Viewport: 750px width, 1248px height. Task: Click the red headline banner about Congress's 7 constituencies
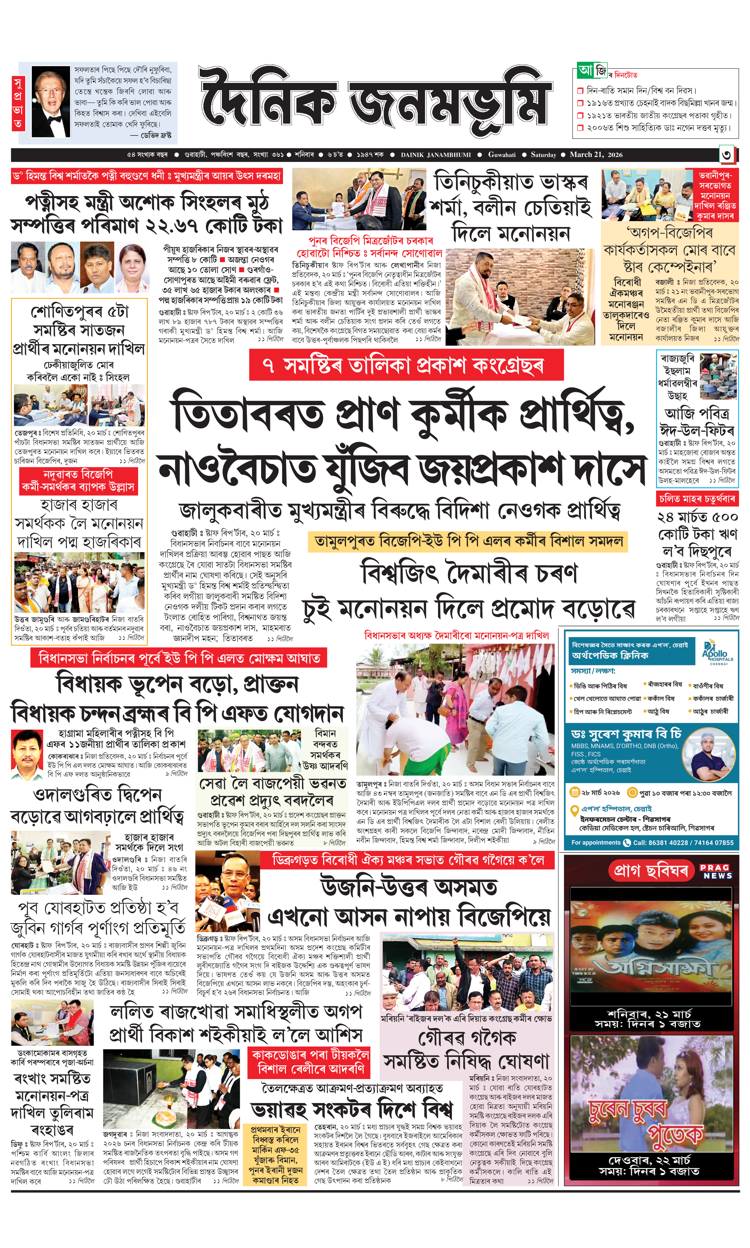click(x=406, y=364)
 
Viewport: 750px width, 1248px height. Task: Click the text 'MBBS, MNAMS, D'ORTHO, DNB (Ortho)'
click(x=625, y=746)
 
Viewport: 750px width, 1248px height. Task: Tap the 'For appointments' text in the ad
click(x=595, y=842)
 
